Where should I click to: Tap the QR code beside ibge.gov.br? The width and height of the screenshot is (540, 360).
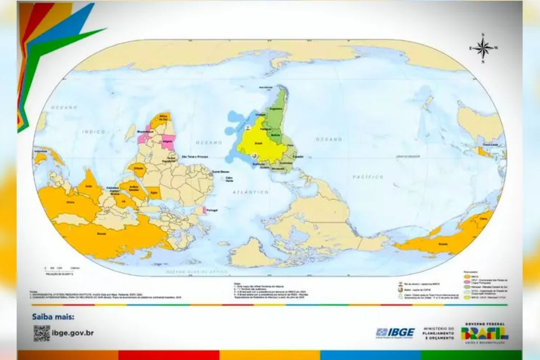click(x=41, y=333)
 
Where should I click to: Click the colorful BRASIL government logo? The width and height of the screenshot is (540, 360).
click(x=485, y=333)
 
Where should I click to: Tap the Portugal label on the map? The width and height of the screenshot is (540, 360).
click(x=214, y=210)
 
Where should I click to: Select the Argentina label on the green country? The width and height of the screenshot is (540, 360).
click(x=275, y=109)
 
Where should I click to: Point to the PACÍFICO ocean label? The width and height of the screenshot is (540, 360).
click(x=368, y=177)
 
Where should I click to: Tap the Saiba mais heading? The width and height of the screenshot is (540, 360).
click(x=53, y=317)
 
